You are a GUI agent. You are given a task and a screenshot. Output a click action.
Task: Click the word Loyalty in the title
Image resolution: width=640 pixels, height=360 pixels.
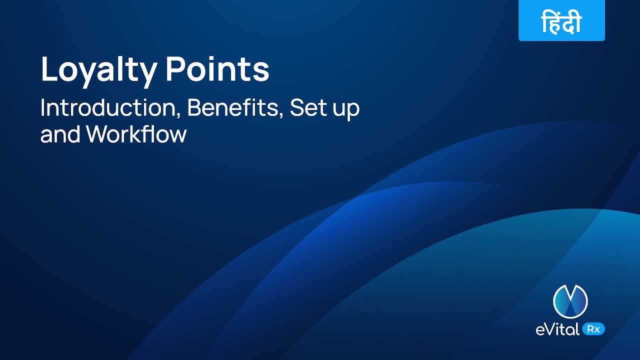point(98,70)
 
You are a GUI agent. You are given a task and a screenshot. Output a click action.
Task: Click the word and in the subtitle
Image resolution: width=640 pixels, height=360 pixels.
point(60,134)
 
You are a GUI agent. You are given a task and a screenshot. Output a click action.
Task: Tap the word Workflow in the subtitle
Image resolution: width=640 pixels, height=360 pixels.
point(136,134)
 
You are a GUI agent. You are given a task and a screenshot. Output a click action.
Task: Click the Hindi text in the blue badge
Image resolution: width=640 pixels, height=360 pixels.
point(561,23)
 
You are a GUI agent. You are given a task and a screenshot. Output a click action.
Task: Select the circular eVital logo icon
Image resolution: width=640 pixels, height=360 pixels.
point(570,301)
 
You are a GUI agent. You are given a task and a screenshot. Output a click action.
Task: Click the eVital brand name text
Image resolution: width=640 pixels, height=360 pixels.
point(555,329)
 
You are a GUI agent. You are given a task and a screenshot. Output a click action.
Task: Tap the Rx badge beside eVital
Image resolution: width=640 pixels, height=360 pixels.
point(593,329)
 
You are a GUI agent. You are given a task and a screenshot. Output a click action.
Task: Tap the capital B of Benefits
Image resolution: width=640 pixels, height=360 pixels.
point(194,108)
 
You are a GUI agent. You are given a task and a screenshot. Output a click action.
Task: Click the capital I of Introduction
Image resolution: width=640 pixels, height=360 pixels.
point(42,108)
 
